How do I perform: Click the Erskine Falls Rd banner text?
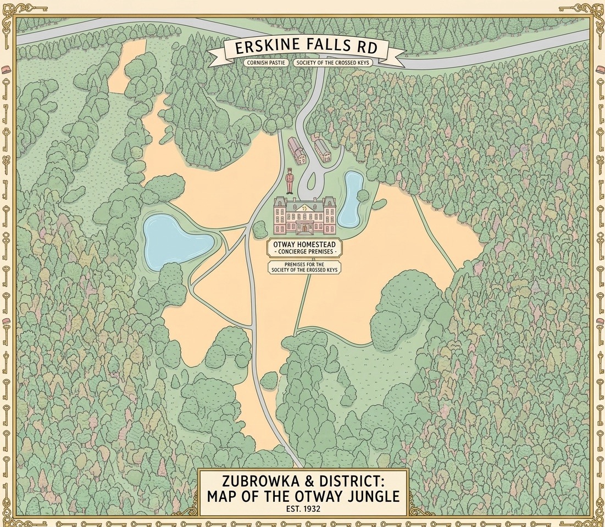[x=306, y=47]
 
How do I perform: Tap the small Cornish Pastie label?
[x=265, y=63]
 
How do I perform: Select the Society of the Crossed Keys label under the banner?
[x=333, y=63]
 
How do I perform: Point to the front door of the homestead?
[x=305, y=228]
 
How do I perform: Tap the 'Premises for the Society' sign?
[x=303, y=267]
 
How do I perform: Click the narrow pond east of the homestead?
[x=350, y=199]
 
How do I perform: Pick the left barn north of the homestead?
[x=297, y=151]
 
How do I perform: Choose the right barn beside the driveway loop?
[x=323, y=151]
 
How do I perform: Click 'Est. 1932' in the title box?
[x=303, y=508]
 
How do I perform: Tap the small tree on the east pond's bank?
[x=363, y=195]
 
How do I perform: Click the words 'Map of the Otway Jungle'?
[x=303, y=497]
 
